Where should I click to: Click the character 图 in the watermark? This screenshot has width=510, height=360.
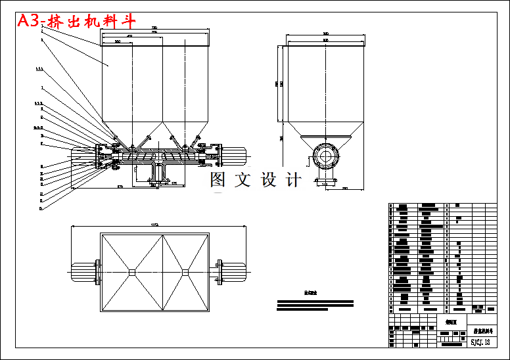tap(218, 179)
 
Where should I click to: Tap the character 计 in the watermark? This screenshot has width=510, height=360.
tap(294, 179)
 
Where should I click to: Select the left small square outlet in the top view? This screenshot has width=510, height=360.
tap(131, 272)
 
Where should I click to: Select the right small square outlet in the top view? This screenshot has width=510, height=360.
tap(185, 272)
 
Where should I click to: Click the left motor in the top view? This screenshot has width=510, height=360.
tap(82, 272)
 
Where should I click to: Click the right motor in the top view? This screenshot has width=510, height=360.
tap(234, 272)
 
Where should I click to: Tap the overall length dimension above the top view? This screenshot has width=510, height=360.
tap(155, 225)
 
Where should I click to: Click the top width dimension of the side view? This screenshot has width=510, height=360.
tap(325, 34)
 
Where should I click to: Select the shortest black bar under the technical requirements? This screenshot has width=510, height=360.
tap(302, 309)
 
